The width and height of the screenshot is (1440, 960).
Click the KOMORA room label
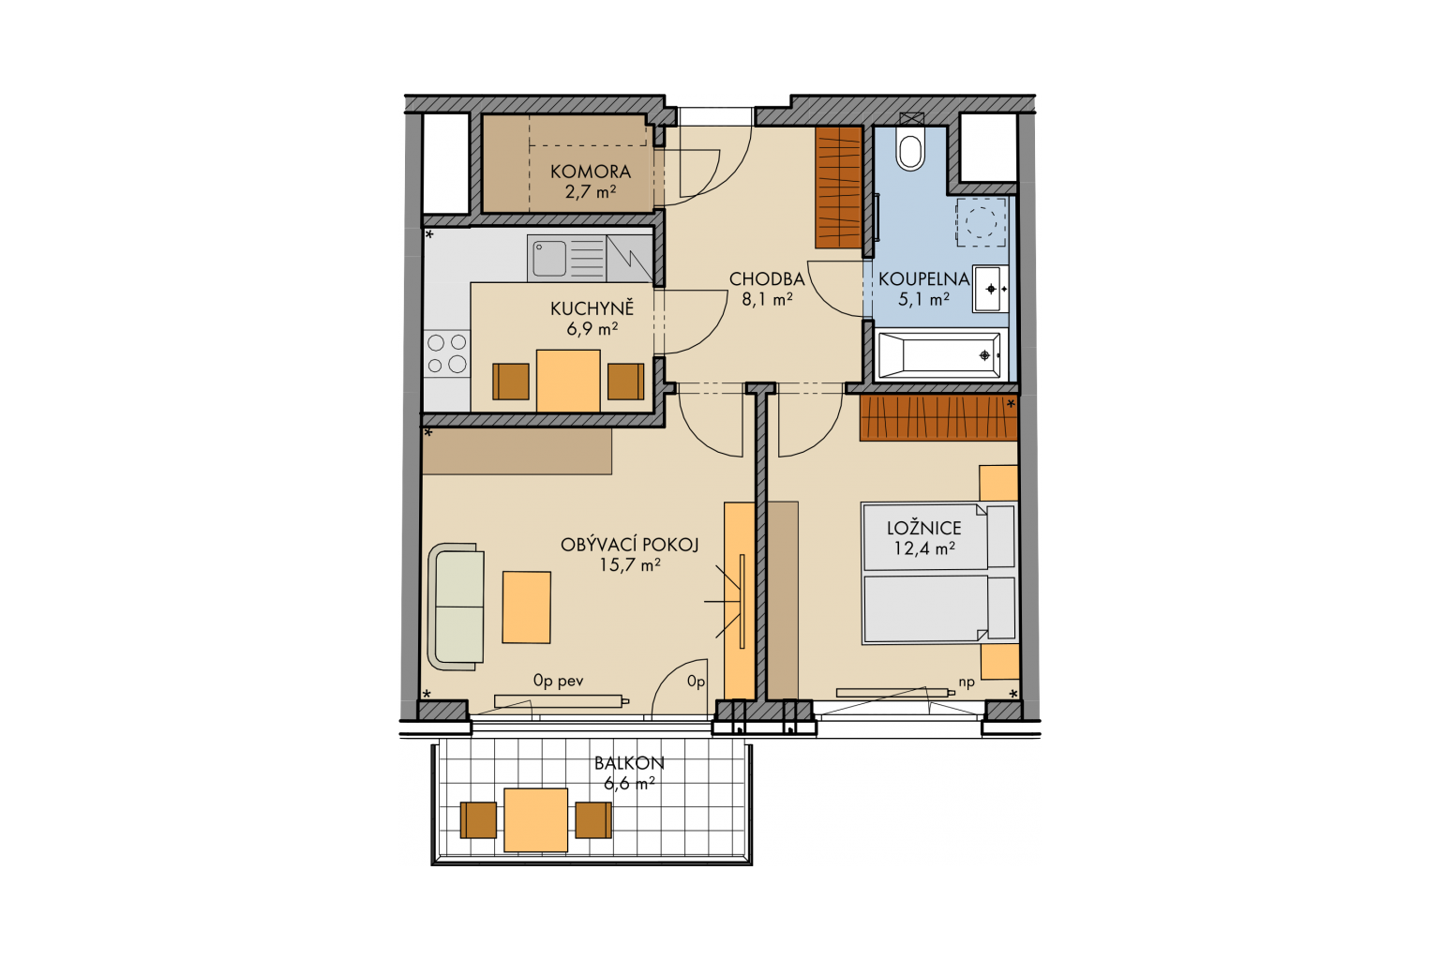(590, 172)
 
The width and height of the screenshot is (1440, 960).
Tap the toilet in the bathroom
(910, 148)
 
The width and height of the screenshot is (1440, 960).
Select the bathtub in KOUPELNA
(939, 355)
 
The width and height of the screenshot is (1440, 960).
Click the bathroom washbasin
(990, 289)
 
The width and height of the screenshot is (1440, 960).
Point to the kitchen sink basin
(549, 258)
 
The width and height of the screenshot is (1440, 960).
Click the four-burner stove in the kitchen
(447, 354)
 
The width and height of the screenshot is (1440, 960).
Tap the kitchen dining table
(568, 381)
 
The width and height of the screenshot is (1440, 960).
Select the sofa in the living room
(456, 607)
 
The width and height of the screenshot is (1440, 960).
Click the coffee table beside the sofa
(527, 607)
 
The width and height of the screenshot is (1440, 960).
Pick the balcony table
(535, 819)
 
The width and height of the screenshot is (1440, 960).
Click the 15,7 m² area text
(629, 565)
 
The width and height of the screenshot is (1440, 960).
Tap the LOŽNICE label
(923, 528)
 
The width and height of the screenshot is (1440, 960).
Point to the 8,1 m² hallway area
(767, 299)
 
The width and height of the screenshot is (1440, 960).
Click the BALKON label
(629, 763)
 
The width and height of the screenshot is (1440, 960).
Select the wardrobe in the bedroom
(938, 418)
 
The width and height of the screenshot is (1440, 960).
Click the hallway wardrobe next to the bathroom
(839, 187)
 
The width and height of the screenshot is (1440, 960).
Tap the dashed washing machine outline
(981, 222)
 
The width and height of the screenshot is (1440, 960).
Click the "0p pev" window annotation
(558, 681)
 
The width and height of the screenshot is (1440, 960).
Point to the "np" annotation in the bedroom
(967, 683)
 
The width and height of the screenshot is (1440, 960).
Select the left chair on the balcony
(478, 819)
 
